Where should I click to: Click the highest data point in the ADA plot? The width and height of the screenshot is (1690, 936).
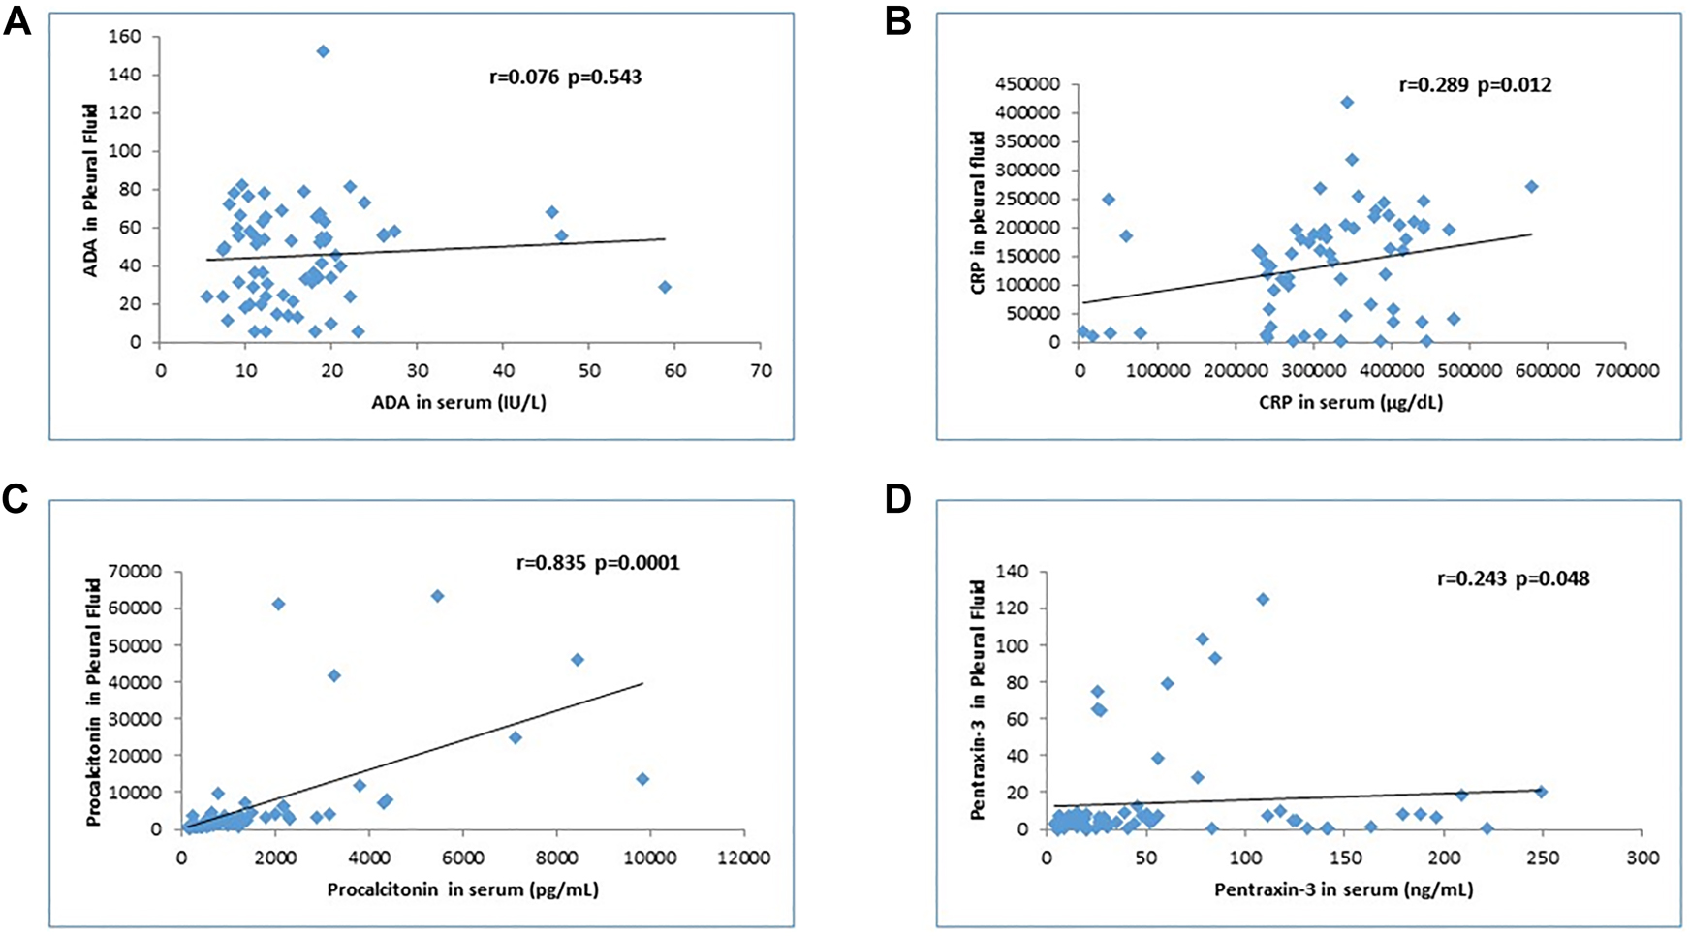[323, 51]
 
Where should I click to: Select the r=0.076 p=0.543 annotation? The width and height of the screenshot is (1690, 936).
[565, 78]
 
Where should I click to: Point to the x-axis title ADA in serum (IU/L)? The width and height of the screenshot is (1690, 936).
[458, 402]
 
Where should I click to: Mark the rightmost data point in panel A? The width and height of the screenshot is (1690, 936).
[665, 287]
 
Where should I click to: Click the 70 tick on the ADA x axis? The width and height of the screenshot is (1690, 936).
[760, 369]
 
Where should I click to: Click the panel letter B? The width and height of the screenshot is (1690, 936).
[897, 21]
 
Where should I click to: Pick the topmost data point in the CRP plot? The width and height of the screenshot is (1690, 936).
[1347, 102]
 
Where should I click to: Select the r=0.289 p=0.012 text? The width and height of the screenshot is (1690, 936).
[1475, 85]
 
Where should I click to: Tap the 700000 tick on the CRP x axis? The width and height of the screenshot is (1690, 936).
[1624, 369]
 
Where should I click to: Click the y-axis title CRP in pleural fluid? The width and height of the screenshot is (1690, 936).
[978, 213]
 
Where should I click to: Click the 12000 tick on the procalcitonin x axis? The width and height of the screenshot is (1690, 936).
[743, 858]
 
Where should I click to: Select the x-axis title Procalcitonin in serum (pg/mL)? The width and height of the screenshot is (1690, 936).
[462, 889]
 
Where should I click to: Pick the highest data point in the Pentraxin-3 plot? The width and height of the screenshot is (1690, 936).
[1263, 600]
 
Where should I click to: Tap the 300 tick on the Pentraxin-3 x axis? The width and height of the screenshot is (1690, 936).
[1643, 858]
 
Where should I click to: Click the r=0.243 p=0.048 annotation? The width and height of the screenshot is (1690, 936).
[1512, 579]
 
